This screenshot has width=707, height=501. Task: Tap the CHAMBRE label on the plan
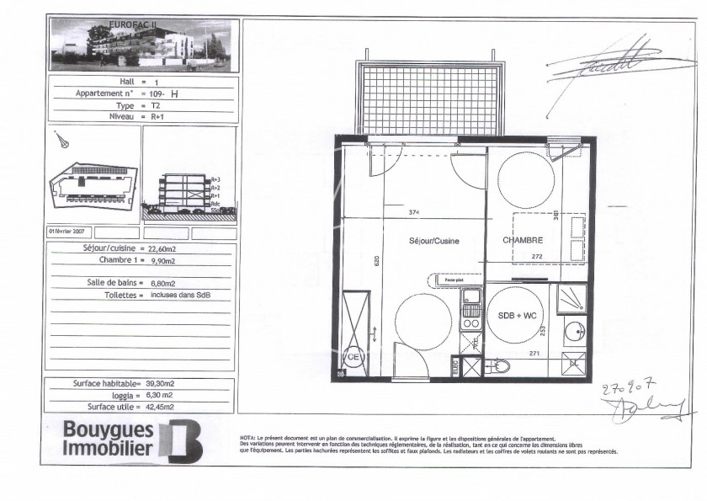521,240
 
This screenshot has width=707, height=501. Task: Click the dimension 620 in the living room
379,260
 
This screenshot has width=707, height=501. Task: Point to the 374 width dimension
413,212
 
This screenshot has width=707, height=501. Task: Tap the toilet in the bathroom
499,366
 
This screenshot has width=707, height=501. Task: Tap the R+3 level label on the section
215,179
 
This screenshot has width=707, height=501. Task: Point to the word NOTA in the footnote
247,438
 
